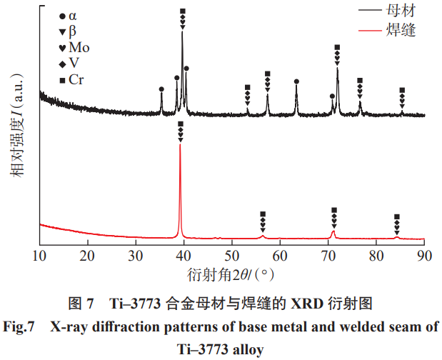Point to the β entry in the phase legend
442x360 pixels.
point(72,32)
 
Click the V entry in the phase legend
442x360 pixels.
point(73,64)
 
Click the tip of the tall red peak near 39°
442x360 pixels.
point(180,145)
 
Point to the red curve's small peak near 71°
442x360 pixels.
point(333,231)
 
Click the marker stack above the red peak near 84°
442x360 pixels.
point(397,224)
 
